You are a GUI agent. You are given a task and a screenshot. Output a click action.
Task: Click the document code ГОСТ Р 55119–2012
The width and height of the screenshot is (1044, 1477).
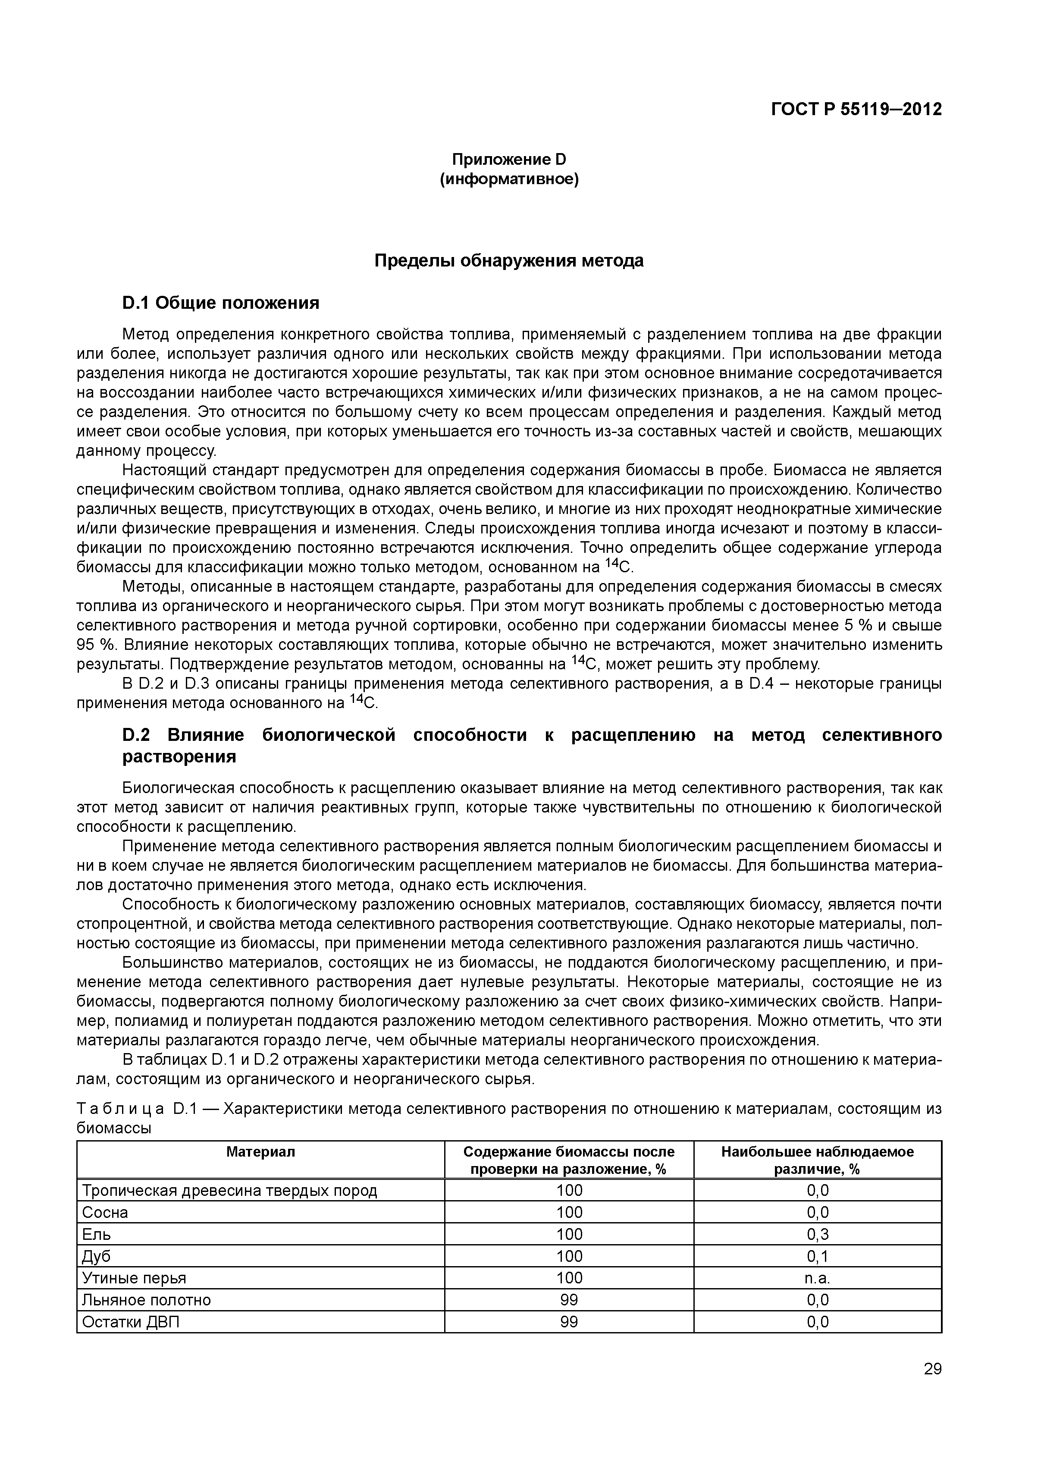coord(856,110)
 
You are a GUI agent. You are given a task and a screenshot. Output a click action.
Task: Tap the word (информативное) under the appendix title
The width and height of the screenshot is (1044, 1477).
coord(508,179)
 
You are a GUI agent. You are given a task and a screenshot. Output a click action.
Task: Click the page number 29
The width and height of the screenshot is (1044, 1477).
coord(932,1387)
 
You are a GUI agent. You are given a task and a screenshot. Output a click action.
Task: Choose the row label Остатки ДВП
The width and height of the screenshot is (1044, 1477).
coord(131,1322)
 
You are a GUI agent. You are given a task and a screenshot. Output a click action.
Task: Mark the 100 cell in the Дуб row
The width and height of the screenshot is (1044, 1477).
coord(569,1256)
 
